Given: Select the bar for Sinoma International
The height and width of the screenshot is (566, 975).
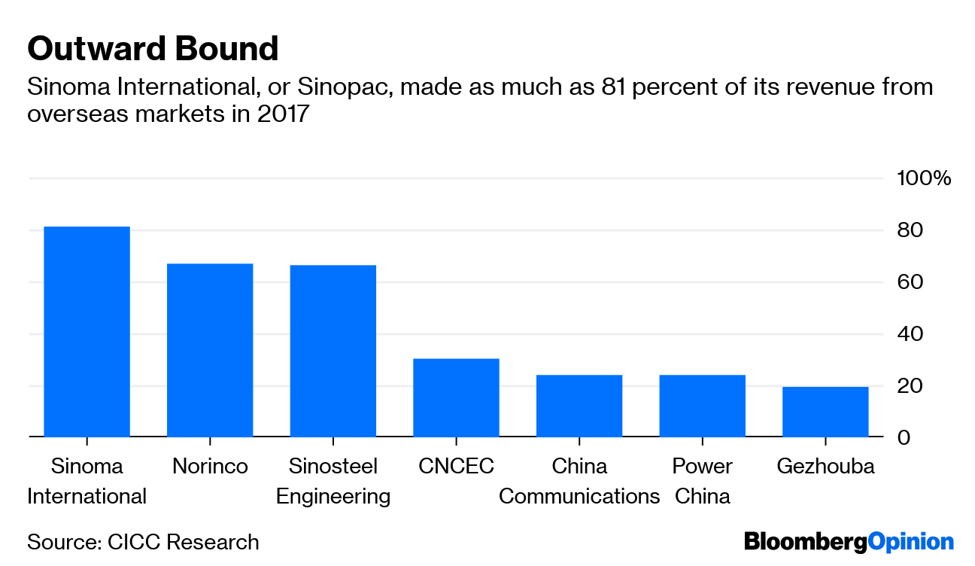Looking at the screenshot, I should [87, 331].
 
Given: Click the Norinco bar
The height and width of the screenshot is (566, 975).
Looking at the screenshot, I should [210, 350].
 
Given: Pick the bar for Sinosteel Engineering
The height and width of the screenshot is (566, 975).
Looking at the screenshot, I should [333, 351].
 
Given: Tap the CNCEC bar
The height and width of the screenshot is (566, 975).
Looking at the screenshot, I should [456, 397].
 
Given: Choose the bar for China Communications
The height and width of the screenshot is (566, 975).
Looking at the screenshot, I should [579, 406].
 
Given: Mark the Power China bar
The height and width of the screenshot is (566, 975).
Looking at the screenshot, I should [702, 406].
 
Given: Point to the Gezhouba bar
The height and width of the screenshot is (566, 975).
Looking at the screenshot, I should [825, 412].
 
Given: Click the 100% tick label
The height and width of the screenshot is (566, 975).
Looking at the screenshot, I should [923, 178].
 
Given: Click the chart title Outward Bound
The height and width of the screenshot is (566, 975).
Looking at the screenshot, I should [153, 49].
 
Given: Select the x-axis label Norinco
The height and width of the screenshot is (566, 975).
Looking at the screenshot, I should [210, 467].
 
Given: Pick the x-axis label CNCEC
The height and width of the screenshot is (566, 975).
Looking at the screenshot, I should [456, 467].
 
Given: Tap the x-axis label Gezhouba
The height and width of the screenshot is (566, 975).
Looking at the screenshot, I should [825, 467].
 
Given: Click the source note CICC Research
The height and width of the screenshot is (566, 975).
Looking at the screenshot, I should [143, 542].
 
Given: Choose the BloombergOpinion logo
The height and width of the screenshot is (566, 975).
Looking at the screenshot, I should [849, 542].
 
